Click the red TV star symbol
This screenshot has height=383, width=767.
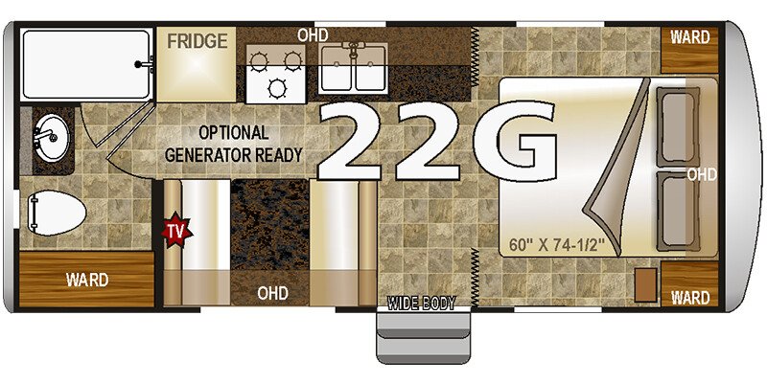tap(176, 230)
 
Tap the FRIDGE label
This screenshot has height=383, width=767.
tap(198, 41)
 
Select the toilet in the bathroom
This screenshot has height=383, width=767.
tap(56, 213)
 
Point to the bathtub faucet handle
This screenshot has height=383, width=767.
tap(145, 63)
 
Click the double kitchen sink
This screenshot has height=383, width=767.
tap(354, 68)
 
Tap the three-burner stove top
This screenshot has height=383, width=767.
tap(275, 74)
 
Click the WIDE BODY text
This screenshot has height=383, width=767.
tap(421, 304)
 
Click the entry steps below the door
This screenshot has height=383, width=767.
tap(423, 337)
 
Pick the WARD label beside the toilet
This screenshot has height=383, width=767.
tap(87, 280)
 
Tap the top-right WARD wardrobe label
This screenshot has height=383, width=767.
tap(689, 37)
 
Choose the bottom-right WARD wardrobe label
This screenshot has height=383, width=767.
tap(689, 297)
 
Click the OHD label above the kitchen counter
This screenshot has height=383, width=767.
tap(313, 34)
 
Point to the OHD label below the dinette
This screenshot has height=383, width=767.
tap(272, 293)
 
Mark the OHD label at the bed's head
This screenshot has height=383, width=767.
tap(702, 174)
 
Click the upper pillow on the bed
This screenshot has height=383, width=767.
tap(677, 127)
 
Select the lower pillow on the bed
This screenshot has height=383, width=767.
tap(677, 211)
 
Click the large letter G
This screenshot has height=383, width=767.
tap(515, 142)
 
